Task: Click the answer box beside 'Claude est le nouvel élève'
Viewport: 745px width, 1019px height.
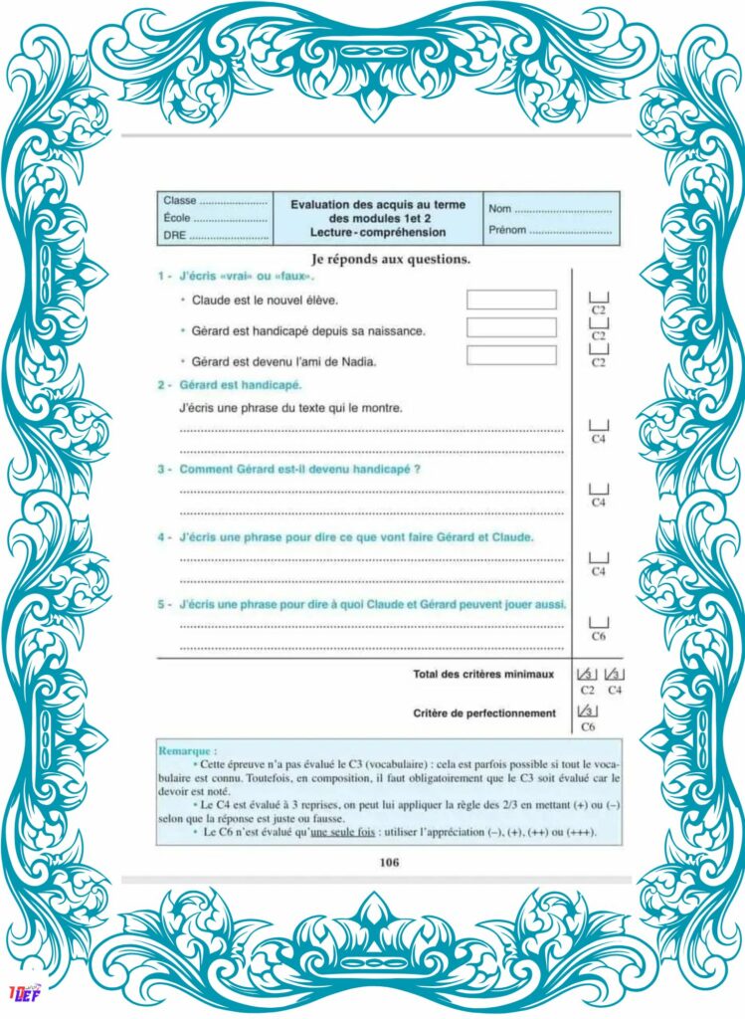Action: pos(511,300)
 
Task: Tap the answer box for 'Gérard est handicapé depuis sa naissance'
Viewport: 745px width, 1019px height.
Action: pos(511,327)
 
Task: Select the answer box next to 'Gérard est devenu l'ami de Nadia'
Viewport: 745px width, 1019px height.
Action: pos(511,355)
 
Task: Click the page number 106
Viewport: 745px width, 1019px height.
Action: pos(389,863)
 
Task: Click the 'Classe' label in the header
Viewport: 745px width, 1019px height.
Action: pos(180,201)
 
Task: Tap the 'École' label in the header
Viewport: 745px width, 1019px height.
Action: pos(178,218)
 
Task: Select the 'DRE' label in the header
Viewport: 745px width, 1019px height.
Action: pos(175,236)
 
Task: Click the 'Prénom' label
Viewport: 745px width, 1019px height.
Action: pos(506,230)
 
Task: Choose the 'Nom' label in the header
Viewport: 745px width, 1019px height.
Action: pos(499,209)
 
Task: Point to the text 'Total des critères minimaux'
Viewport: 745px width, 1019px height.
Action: pos(482,674)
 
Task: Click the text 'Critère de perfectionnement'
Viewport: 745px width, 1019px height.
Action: pos(483,713)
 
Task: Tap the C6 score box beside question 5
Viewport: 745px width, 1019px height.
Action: pos(599,622)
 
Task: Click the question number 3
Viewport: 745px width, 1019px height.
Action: pos(161,469)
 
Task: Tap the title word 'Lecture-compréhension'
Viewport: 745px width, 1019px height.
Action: pos(377,233)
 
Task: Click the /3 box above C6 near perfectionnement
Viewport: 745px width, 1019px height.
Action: pos(587,713)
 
